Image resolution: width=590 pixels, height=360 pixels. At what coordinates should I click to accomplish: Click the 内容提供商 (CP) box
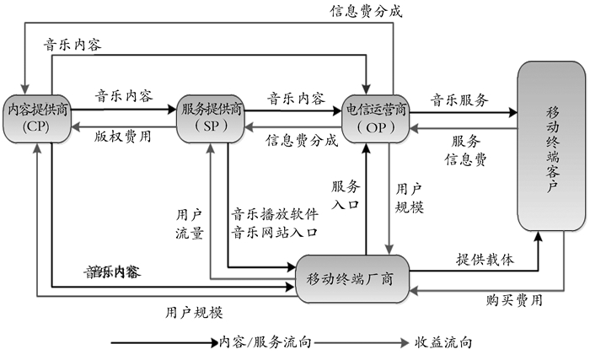pyautogui.click(x=37, y=117)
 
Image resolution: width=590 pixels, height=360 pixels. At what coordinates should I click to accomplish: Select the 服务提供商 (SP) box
pyautogui.click(x=212, y=117)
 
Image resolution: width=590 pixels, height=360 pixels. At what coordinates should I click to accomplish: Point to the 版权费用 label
pyautogui.click(x=124, y=134)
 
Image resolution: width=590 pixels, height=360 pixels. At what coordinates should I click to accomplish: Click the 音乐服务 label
pyautogui.click(x=459, y=99)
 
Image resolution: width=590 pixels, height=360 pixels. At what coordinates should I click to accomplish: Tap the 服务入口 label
pyautogui.click(x=346, y=195)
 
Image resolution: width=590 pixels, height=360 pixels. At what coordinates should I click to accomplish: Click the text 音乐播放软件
pyautogui.click(x=276, y=214)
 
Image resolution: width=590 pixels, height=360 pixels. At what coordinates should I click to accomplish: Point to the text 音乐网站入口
pyautogui.click(x=276, y=232)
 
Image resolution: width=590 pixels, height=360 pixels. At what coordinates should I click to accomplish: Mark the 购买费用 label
pyautogui.click(x=514, y=300)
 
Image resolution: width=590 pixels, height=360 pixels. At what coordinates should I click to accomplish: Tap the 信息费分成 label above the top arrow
pyautogui.click(x=365, y=11)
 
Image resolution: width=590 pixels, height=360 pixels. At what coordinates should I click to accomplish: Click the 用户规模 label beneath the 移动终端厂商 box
pyautogui.click(x=195, y=313)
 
